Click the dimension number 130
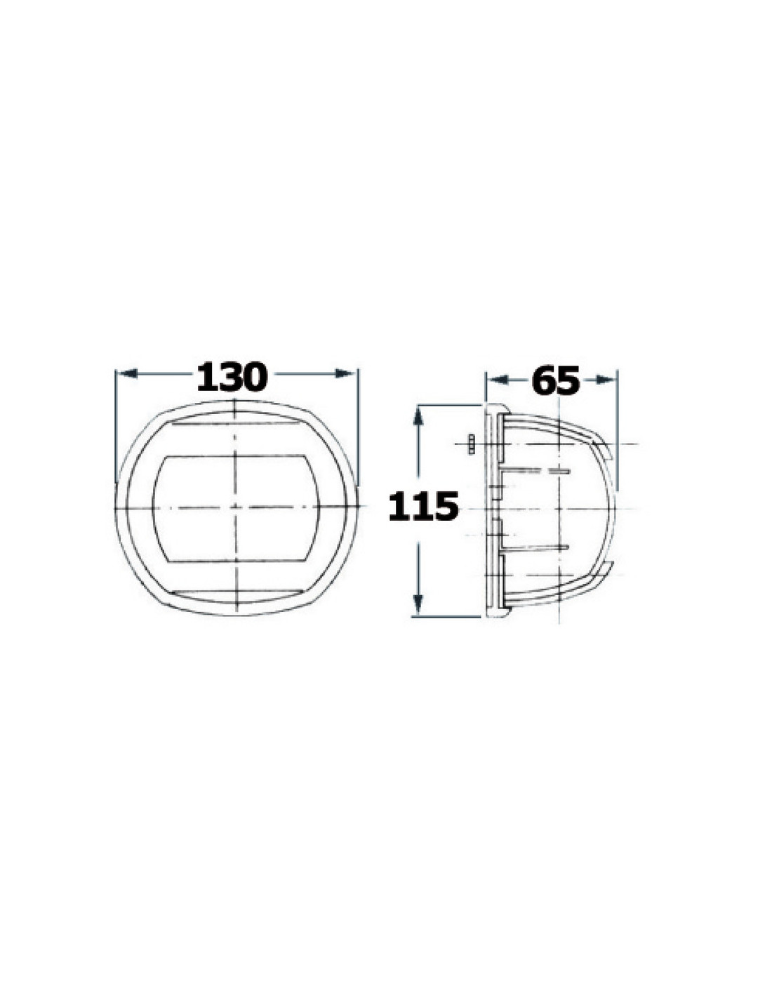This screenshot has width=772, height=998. [232, 377]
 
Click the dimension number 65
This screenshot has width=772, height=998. [556, 380]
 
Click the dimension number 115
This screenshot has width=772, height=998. [423, 507]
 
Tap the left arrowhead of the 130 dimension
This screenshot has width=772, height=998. [127, 373]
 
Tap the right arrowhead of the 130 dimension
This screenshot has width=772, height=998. [345, 373]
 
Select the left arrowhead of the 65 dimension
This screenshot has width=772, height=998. [498, 380]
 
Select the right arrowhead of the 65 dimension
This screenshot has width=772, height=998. [605, 380]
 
